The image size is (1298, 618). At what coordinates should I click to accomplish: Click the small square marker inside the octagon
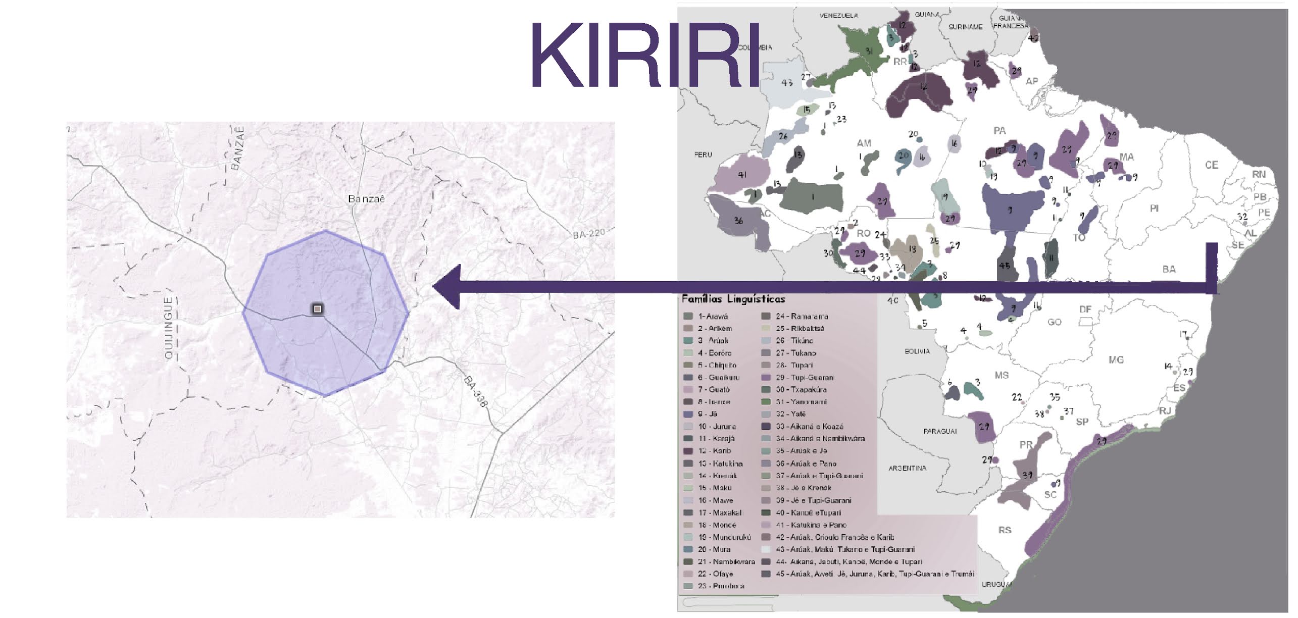tap(317, 308)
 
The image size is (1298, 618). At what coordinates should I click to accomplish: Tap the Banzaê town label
tap(366, 199)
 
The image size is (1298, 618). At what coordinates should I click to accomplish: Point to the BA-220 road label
tap(588, 233)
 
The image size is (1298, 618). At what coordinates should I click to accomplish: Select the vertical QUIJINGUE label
tap(169, 328)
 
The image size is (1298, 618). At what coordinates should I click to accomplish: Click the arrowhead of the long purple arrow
tap(447, 286)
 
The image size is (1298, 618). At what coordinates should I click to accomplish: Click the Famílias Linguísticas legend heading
tap(733, 299)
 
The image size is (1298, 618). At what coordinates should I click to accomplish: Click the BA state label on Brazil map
tap(1169, 270)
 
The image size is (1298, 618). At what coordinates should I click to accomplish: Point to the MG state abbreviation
tap(1116, 360)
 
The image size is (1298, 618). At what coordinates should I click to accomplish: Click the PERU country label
tap(703, 155)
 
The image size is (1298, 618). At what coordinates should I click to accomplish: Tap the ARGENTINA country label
tap(907, 469)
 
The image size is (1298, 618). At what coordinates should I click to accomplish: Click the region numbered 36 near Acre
tap(738, 221)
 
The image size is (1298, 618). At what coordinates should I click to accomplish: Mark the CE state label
tap(1211, 165)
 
